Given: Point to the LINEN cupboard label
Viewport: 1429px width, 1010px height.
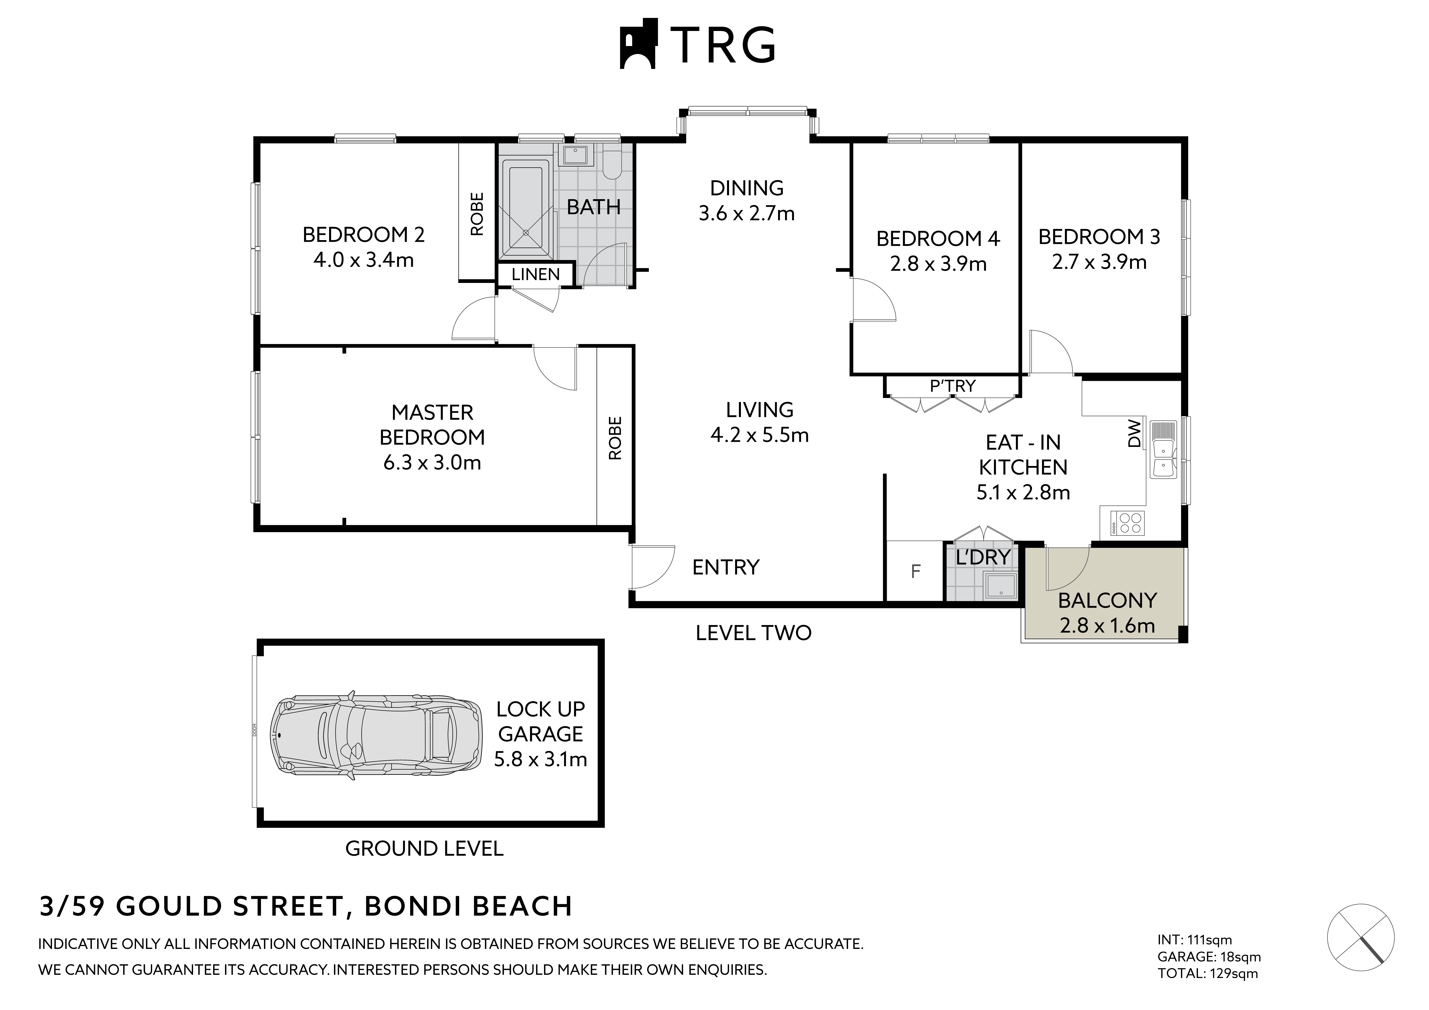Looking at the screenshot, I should [536, 274].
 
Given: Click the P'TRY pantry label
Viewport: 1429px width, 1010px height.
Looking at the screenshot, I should [952, 386].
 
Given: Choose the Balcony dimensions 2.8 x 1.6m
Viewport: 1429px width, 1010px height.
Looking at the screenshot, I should [1107, 625].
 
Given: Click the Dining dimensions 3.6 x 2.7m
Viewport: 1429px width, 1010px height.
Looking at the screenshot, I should [746, 213].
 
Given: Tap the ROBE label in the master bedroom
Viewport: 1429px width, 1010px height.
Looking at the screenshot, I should [615, 438].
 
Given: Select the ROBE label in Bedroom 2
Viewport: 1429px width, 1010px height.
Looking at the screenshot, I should [477, 214].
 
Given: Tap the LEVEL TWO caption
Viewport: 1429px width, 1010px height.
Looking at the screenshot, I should [753, 633].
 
